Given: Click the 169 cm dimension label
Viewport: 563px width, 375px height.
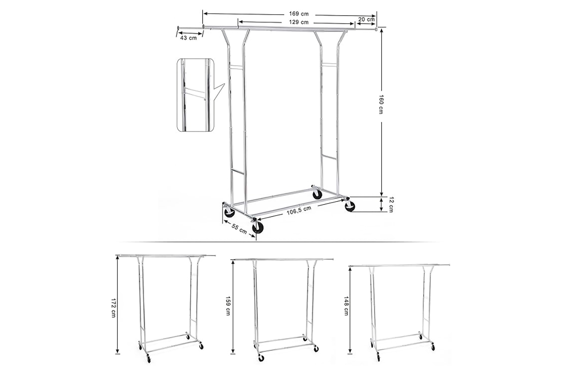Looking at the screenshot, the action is click(x=299, y=14).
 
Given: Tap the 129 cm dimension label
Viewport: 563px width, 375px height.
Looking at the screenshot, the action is click(x=299, y=22).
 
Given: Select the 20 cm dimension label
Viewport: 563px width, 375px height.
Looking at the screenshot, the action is click(x=366, y=19).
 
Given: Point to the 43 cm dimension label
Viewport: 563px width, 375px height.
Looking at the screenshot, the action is click(x=188, y=38).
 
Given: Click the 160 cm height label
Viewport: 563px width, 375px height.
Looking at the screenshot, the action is click(x=381, y=104).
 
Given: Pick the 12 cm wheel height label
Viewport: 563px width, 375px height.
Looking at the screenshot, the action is click(x=391, y=205).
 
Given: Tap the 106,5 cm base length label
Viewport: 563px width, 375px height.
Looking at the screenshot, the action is click(x=299, y=210).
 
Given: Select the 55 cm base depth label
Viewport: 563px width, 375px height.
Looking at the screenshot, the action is click(x=239, y=229).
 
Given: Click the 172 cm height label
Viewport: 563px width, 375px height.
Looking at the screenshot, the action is click(x=113, y=308).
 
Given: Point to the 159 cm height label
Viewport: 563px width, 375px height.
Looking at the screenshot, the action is click(x=228, y=306).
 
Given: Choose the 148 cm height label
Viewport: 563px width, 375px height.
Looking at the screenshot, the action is click(x=346, y=306).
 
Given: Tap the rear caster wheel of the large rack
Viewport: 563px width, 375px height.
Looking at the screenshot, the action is click(x=317, y=194).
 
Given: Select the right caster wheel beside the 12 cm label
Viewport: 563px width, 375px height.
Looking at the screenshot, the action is click(x=349, y=206).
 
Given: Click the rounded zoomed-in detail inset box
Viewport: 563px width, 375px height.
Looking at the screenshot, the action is click(x=196, y=95).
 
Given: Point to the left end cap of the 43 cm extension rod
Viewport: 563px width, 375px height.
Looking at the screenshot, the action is click(x=178, y=27).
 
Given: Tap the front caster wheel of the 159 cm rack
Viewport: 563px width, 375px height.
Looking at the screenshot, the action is click(x=261, y=358).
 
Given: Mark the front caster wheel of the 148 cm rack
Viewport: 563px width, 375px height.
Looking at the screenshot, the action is click(x=378, y=357).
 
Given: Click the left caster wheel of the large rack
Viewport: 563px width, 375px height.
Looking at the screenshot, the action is click(x=229, y=213).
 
